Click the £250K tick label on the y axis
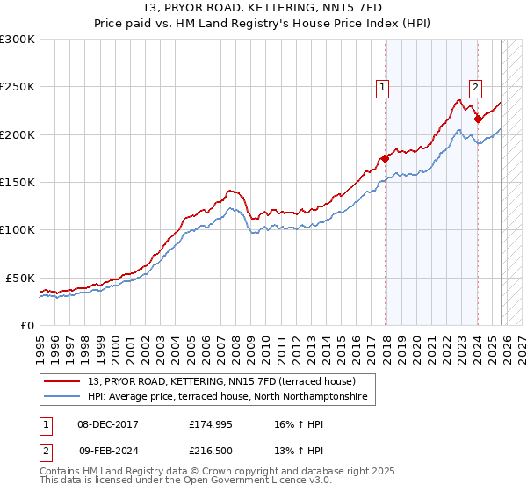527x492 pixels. (18, 87)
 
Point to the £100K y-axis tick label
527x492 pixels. (18, 229)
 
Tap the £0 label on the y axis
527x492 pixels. (26, 325)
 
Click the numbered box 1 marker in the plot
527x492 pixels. (383, 86)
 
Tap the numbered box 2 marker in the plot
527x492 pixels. (475, 86)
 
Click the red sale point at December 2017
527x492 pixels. (385, 158)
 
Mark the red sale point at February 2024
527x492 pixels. (477, 119)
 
